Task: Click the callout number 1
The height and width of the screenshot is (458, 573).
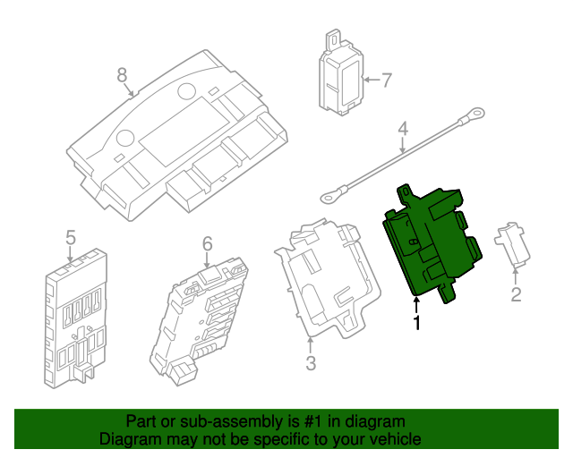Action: pyautogui.click(x=416, y=322)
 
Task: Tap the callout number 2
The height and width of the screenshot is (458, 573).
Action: pyautogui.click(x=516, y=294)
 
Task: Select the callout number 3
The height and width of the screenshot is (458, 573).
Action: pyautogui.click(x=311, y=363)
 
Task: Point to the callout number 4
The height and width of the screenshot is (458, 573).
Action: pyautogui.click(x=403, y=129)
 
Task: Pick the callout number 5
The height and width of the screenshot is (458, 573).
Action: pyautogui.click(x=70, y=237)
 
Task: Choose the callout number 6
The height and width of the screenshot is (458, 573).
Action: pyautogui.click(x=206, y=243)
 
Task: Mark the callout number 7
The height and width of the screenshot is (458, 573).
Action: pyautogui.click(x=386, y=81)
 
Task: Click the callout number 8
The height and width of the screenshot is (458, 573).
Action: pyautogui.click(x=123, y=75)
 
